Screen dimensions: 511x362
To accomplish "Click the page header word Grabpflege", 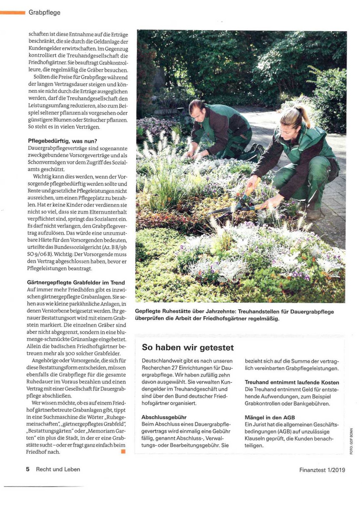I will pyautogui.click(x=45, y=12).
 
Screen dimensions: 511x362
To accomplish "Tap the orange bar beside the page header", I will pyautogui.click(x=12, y=12).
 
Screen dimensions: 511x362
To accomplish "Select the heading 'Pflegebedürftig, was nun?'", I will pyautogui.click(x=63, y=141).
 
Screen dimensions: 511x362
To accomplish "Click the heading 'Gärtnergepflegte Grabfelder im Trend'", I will pyautogui.click(x=76, y=283).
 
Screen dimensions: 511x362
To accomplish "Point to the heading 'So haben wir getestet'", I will pyautogui.click(x=188, y=347).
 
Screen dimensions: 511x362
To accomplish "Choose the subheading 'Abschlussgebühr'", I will pyautogui.click(x=164, y=417).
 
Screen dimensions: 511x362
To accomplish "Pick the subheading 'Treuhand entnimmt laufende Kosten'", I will pyautogui.click(x=292, y=382).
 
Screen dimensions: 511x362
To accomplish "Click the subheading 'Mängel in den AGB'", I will pyautogui.click(x=270, y=417).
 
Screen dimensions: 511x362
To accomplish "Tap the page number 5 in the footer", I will pyautogui.click(x=28, y=469).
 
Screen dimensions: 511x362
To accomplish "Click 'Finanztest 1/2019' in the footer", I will pyautogui.click(x=322, y=470).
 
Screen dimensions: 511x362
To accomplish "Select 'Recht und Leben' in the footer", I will pyautogui.click(x=58, y=469).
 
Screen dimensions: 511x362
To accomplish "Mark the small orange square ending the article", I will pyautogui.click(x=123, y=452).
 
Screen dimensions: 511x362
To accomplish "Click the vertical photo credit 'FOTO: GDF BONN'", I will pyautogui.click(x=351, y=441).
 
